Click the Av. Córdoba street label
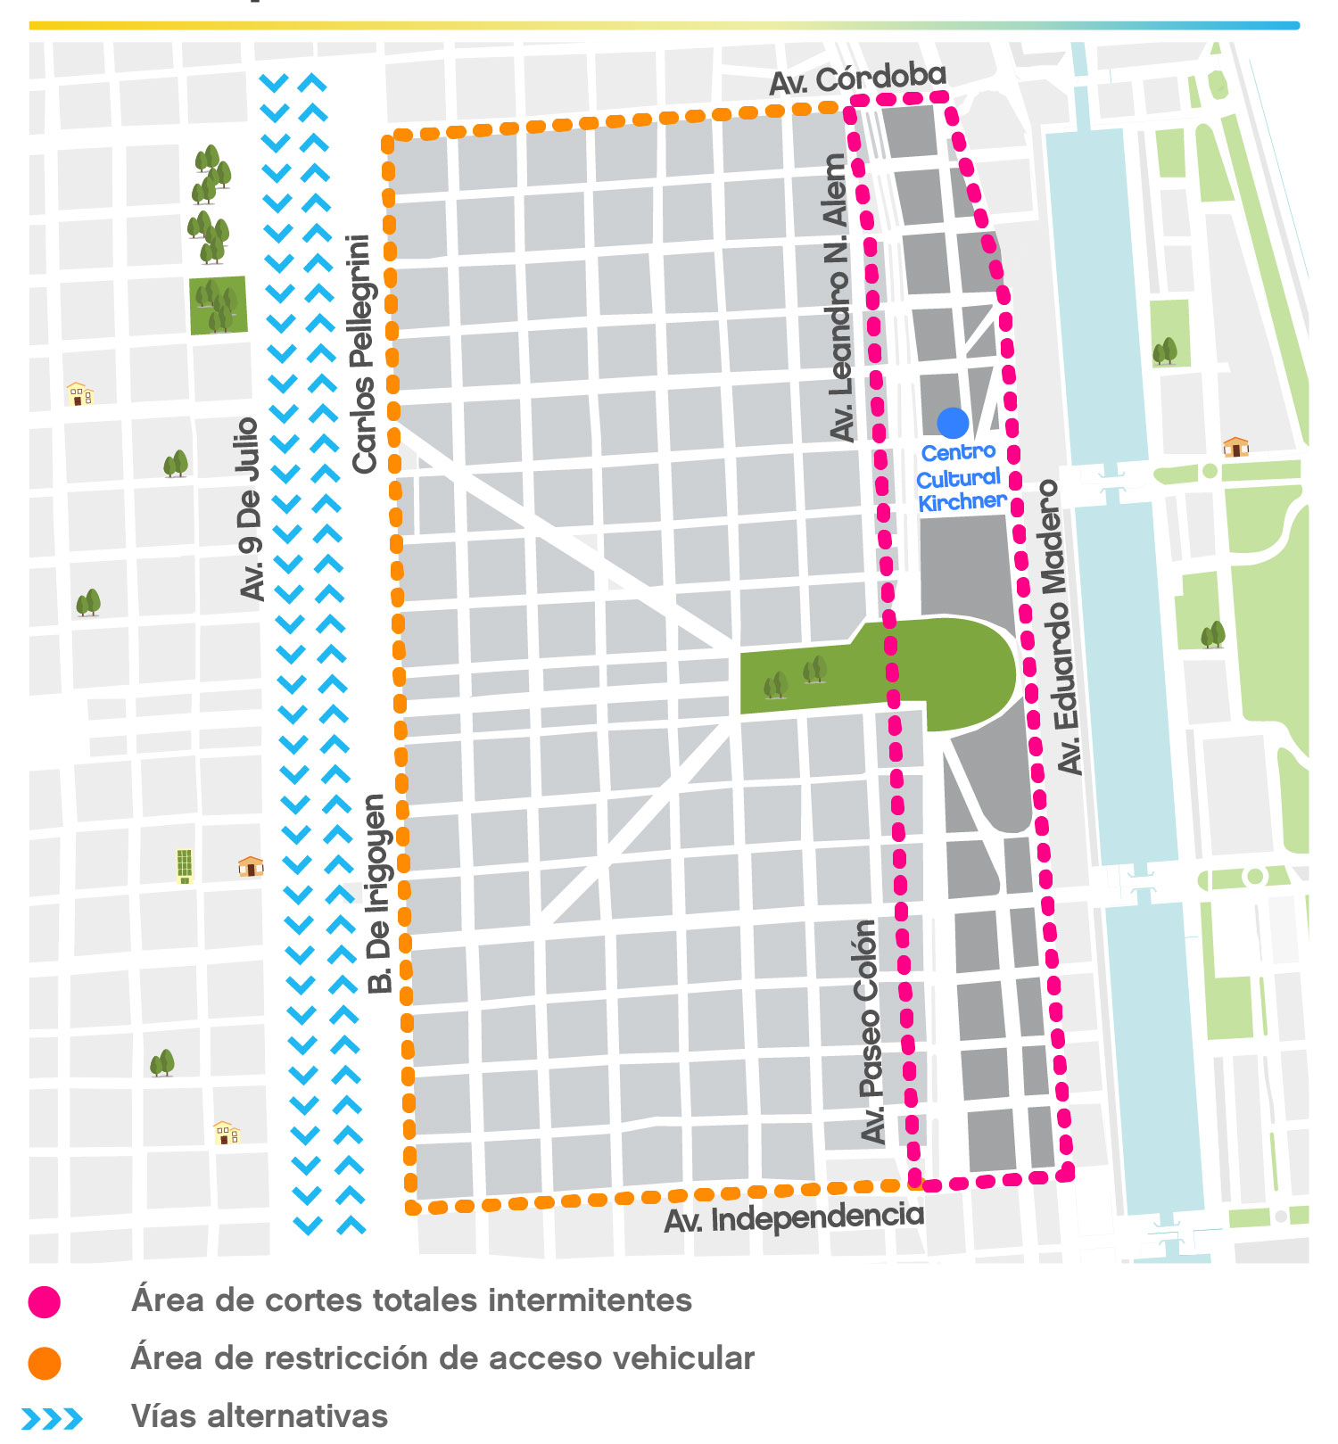857,78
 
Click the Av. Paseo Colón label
869,1032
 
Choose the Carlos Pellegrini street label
361,353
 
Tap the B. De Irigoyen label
379,895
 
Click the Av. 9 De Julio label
250,508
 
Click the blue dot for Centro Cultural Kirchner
953,423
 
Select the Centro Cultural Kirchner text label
960,478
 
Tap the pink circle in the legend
44,1302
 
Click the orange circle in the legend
44,1363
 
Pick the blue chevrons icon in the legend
52,1418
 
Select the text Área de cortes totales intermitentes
411,1300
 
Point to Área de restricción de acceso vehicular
442,1358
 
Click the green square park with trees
218,305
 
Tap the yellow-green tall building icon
185,865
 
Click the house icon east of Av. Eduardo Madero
1235,446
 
